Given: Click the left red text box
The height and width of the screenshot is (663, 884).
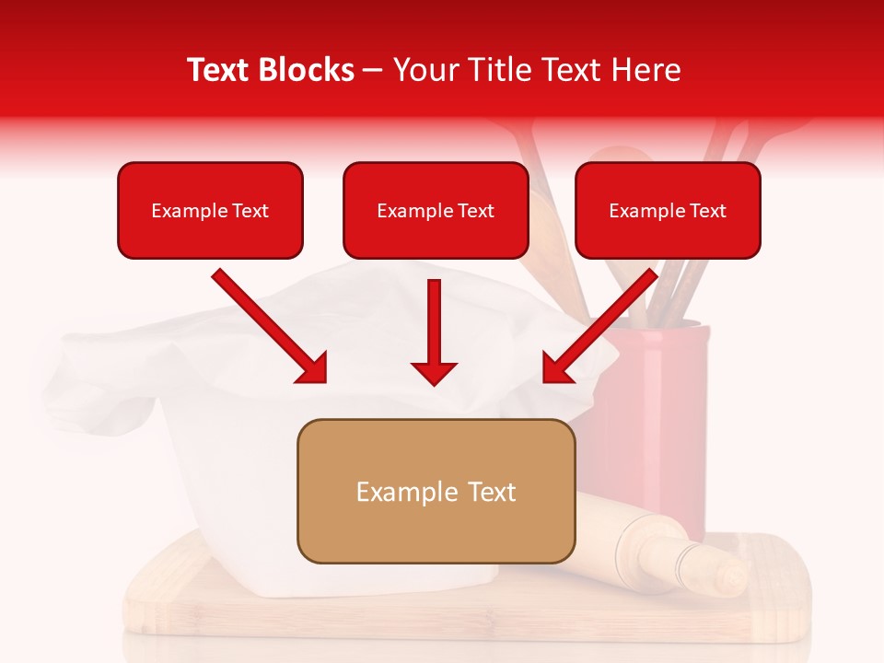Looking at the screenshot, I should pos(210,211).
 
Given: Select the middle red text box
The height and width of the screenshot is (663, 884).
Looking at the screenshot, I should pos(436,211).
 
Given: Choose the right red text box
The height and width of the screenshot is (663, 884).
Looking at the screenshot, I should pos(668,211).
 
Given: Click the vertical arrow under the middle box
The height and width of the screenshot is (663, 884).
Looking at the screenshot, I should pos(435,331).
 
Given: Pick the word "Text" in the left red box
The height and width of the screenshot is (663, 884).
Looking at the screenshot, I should pos(250,211).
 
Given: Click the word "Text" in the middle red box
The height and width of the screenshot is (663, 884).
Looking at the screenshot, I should pos(476,211).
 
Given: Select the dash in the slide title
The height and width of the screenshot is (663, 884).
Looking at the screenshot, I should pos(373,70).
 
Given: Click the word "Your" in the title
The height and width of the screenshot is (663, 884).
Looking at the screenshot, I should pos(421,70).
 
